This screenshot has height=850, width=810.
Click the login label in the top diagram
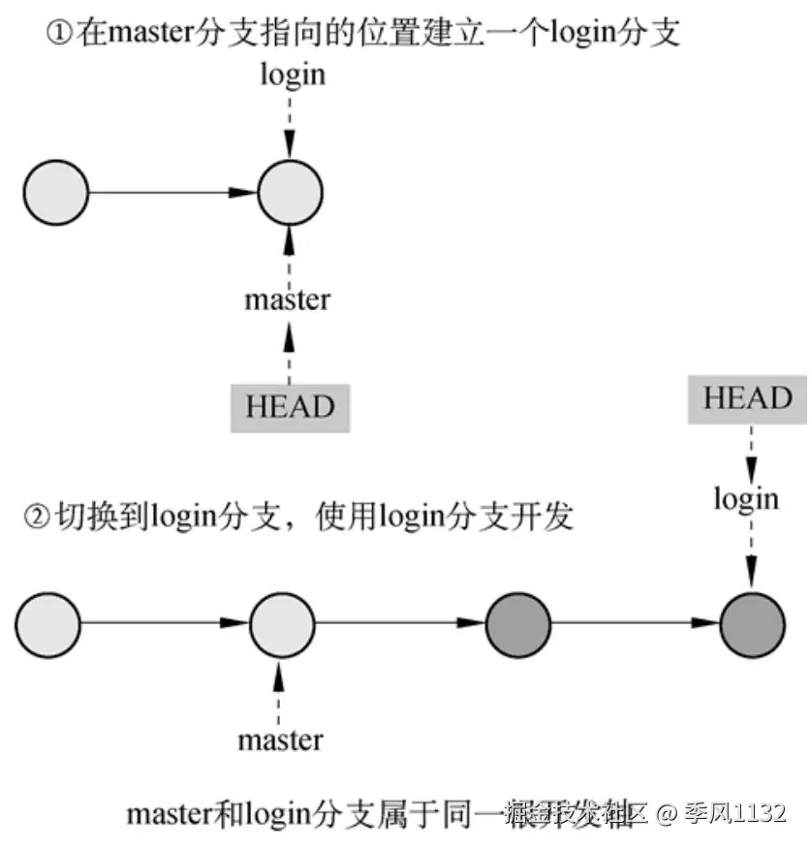(x=292, y=75)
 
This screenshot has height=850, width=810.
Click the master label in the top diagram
(x=288, y=299)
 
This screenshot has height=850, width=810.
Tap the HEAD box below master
(x=289, y=406)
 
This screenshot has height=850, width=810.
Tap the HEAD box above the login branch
(x=747, y=399)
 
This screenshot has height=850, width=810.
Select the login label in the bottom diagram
(x=746, y=498)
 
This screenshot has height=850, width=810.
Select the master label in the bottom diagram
(x=280, y=740)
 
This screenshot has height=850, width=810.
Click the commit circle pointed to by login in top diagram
(x=290, y=192)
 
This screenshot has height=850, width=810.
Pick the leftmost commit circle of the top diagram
(x=55, y=192)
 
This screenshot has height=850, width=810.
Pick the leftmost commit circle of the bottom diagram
(x=48, y=622)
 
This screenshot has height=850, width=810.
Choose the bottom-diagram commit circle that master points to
(x=282, y=622)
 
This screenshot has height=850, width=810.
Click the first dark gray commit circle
(x=517, y=622)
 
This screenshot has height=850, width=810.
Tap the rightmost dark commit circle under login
(x=752, y=622)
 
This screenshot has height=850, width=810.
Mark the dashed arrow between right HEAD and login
(x=747, y=451)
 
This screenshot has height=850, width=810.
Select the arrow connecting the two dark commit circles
(x=635, y=622)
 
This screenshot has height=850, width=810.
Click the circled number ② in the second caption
(x=36, y=516)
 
